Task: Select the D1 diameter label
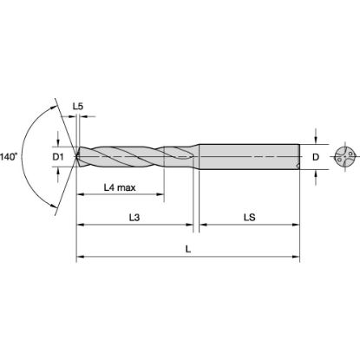click(60, 158)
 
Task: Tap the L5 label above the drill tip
click(79, 107)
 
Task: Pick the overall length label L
click(189, 249)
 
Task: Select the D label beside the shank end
click(315, 158)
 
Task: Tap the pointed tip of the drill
click(78, 158)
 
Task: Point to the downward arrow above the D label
click(316, 138)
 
